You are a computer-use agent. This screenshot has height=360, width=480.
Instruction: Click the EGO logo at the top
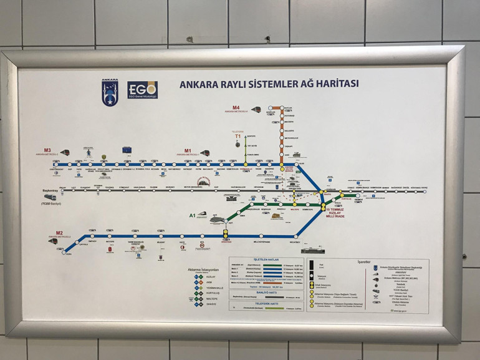142,89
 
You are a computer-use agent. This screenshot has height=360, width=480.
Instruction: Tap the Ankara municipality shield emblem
110,90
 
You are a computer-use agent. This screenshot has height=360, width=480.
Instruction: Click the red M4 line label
236,107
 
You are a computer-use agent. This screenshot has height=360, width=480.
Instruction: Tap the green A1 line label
193,215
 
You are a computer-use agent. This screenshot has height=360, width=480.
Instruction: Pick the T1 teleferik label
238,136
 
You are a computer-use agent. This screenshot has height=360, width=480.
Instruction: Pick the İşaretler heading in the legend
363,262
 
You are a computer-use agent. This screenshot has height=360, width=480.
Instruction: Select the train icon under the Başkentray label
49,200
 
